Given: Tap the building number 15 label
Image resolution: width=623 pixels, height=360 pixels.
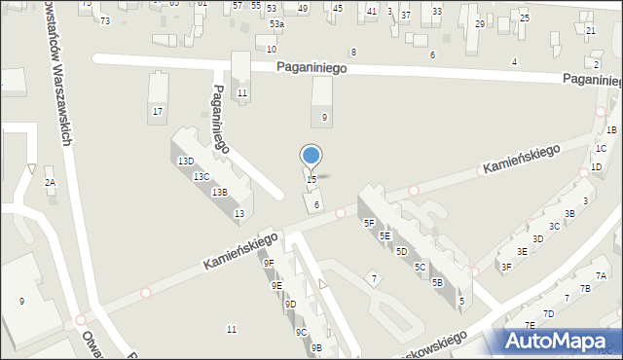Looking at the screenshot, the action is pyautogui.click(x=311, y=180).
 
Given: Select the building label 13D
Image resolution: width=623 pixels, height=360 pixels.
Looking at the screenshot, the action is pyautogui.click(x=186, y=162).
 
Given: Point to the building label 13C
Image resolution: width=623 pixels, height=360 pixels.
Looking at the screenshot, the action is pyautogui.click(x=202, y=177).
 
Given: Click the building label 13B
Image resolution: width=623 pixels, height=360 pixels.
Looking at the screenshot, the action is pyautogui.click(x=220, y=193).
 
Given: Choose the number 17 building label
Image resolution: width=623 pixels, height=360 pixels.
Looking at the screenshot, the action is pyautogui.click(x=157, y=112).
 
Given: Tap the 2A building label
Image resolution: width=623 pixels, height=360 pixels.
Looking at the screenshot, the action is pyautogui.click(x=50, y=183).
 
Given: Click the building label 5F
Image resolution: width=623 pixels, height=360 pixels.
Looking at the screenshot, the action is pyautogui.click(x=369, y=223).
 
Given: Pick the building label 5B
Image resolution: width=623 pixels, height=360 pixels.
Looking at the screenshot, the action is pyautogui.click(x=437, y=282).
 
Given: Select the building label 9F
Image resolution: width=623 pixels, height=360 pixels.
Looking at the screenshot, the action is pyautogui.click(x=269, y=263).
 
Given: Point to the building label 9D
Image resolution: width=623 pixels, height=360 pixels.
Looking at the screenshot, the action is pyautogui.click(x=290, y=305).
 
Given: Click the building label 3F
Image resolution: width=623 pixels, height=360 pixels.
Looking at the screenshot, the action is pyautogui.click(x=506, y=267).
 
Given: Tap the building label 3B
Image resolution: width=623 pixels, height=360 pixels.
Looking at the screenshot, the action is pyautogui.click(x=569, y=214).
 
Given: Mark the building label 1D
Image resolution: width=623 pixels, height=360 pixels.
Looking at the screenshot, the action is pyautogui.click(x=596, y=167).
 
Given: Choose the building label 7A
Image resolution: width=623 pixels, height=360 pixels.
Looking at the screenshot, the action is pyautogui.click(x=601, y=276).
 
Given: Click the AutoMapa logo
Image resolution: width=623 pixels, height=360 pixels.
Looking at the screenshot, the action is pyautogui.click(x=559, y=340).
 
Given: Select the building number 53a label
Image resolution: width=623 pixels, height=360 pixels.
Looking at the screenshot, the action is pyautogui.click(x=277, y=23).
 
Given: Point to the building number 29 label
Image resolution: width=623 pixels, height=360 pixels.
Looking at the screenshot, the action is pyautogui.click(x=479, y=23).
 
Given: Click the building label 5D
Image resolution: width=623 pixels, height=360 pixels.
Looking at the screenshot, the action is pyautogui.click(x=401, y=251).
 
